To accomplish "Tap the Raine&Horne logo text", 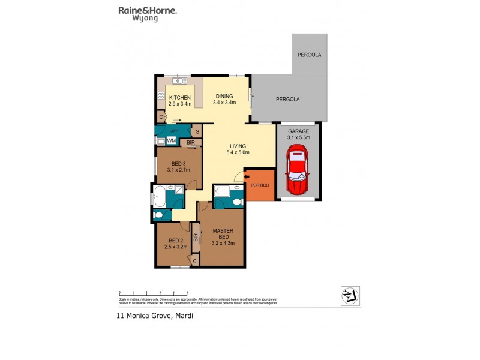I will (142, 10).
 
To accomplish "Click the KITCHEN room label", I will (179, 98).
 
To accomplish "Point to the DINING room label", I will (224, 96).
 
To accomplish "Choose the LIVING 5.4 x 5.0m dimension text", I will (239, 152).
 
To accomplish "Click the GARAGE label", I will (298, 131).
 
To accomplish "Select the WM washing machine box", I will (171, 141).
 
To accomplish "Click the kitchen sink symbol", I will (179, 80).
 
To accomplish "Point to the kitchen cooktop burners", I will (161, 95).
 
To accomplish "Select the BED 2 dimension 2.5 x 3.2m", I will (176, 246).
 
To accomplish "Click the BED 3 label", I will (178, 163).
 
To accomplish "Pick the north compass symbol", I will (349, 293).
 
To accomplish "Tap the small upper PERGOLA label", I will (310, 55).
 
